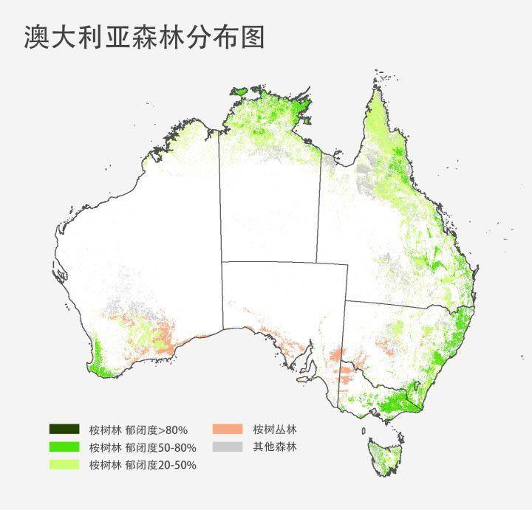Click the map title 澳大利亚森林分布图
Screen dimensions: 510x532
(145, 35)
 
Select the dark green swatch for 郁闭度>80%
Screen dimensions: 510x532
(64, 429)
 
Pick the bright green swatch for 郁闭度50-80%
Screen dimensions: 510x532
(64, 447)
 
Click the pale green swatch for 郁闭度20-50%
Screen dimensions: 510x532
(64, 464)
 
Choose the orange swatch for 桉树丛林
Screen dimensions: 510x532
(228, 429)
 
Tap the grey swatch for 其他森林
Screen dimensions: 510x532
(228, 447)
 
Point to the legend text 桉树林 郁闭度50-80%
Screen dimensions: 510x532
(143, 447)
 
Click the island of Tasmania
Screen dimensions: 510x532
(385, 455)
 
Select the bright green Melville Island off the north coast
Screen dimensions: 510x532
(239, 92)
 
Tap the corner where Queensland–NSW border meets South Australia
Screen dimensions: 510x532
(347, 300)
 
